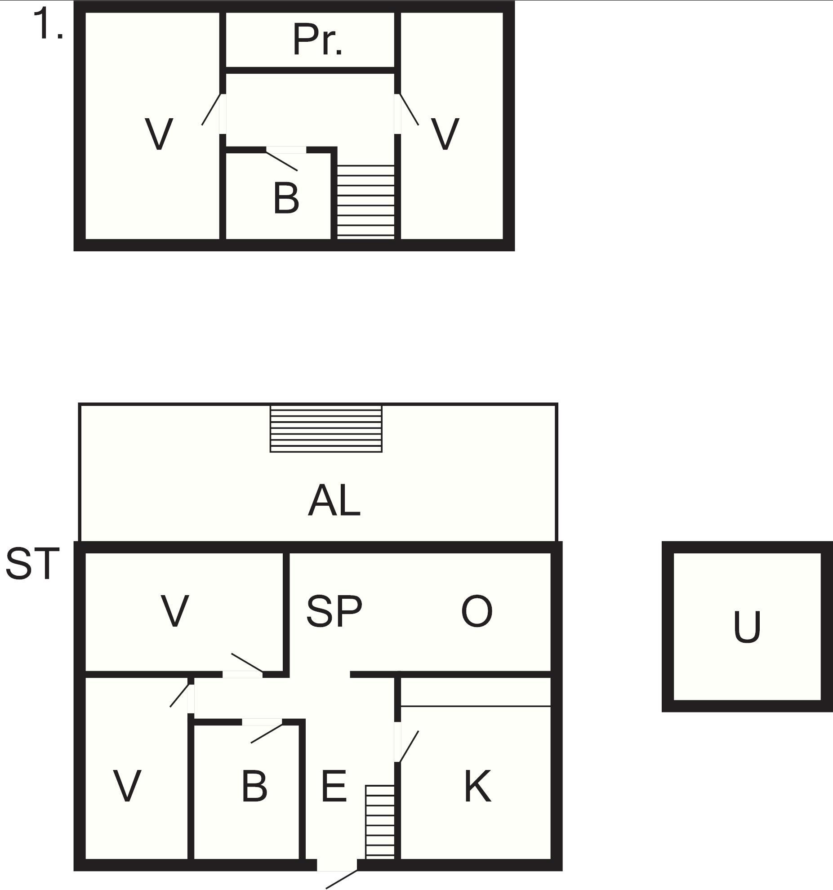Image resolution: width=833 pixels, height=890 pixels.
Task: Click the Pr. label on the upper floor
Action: coord(317,40)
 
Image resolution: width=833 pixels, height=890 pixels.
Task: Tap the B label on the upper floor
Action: coord(286,198)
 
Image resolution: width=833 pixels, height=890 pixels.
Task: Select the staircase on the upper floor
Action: coord(365,201)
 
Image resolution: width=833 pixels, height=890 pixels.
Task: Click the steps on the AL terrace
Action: coord(326,429)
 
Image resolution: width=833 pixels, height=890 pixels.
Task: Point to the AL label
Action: coord(334,501)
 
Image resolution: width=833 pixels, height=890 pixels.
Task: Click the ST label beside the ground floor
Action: coord(32,563)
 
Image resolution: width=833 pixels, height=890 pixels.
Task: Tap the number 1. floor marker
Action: coord(48,25)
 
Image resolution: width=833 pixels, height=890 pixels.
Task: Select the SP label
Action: coord(334,611)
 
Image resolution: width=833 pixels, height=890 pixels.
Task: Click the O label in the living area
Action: coord(477,611)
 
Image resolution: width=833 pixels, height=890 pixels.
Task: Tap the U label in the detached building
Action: coord(747,627)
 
